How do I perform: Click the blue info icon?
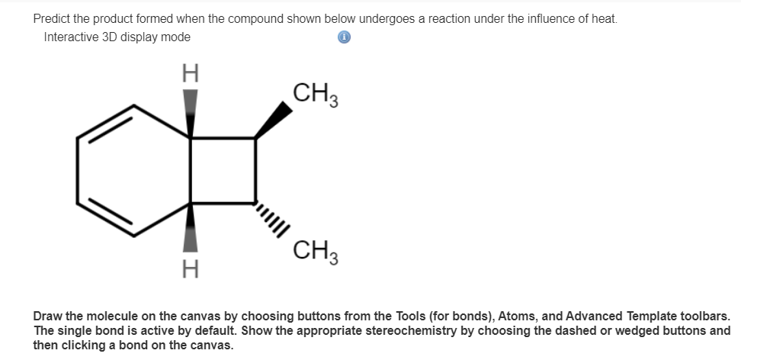coord(344,37)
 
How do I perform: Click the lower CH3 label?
coord(314,250)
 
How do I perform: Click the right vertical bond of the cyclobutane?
coord(255,171)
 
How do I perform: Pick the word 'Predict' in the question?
coord(53,18)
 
